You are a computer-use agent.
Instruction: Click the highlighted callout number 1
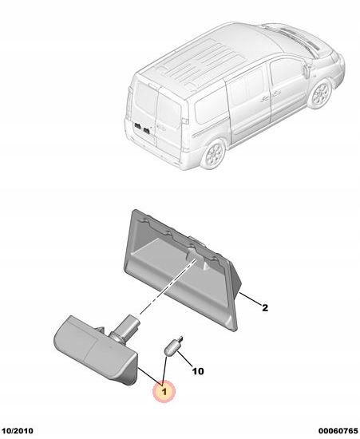tap(164, 391)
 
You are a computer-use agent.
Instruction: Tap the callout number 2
tap(265, 307)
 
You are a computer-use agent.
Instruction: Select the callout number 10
tap(198, 371)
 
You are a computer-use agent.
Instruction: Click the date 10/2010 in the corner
tap(17, 431)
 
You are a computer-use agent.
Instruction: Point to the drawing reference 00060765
tap(338, 431)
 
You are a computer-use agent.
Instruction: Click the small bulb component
tap(173, 346)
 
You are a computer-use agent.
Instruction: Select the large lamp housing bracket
tap(183, 270)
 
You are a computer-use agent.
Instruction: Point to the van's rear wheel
tap(215, 154)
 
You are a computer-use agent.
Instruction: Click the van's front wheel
tap(320, 93)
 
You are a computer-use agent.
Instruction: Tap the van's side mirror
tap(307, 70)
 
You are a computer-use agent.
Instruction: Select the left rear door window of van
tap(145, 101)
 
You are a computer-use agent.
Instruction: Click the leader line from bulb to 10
tap(184, 360)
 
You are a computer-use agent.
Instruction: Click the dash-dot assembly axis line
tap(168, 287)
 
